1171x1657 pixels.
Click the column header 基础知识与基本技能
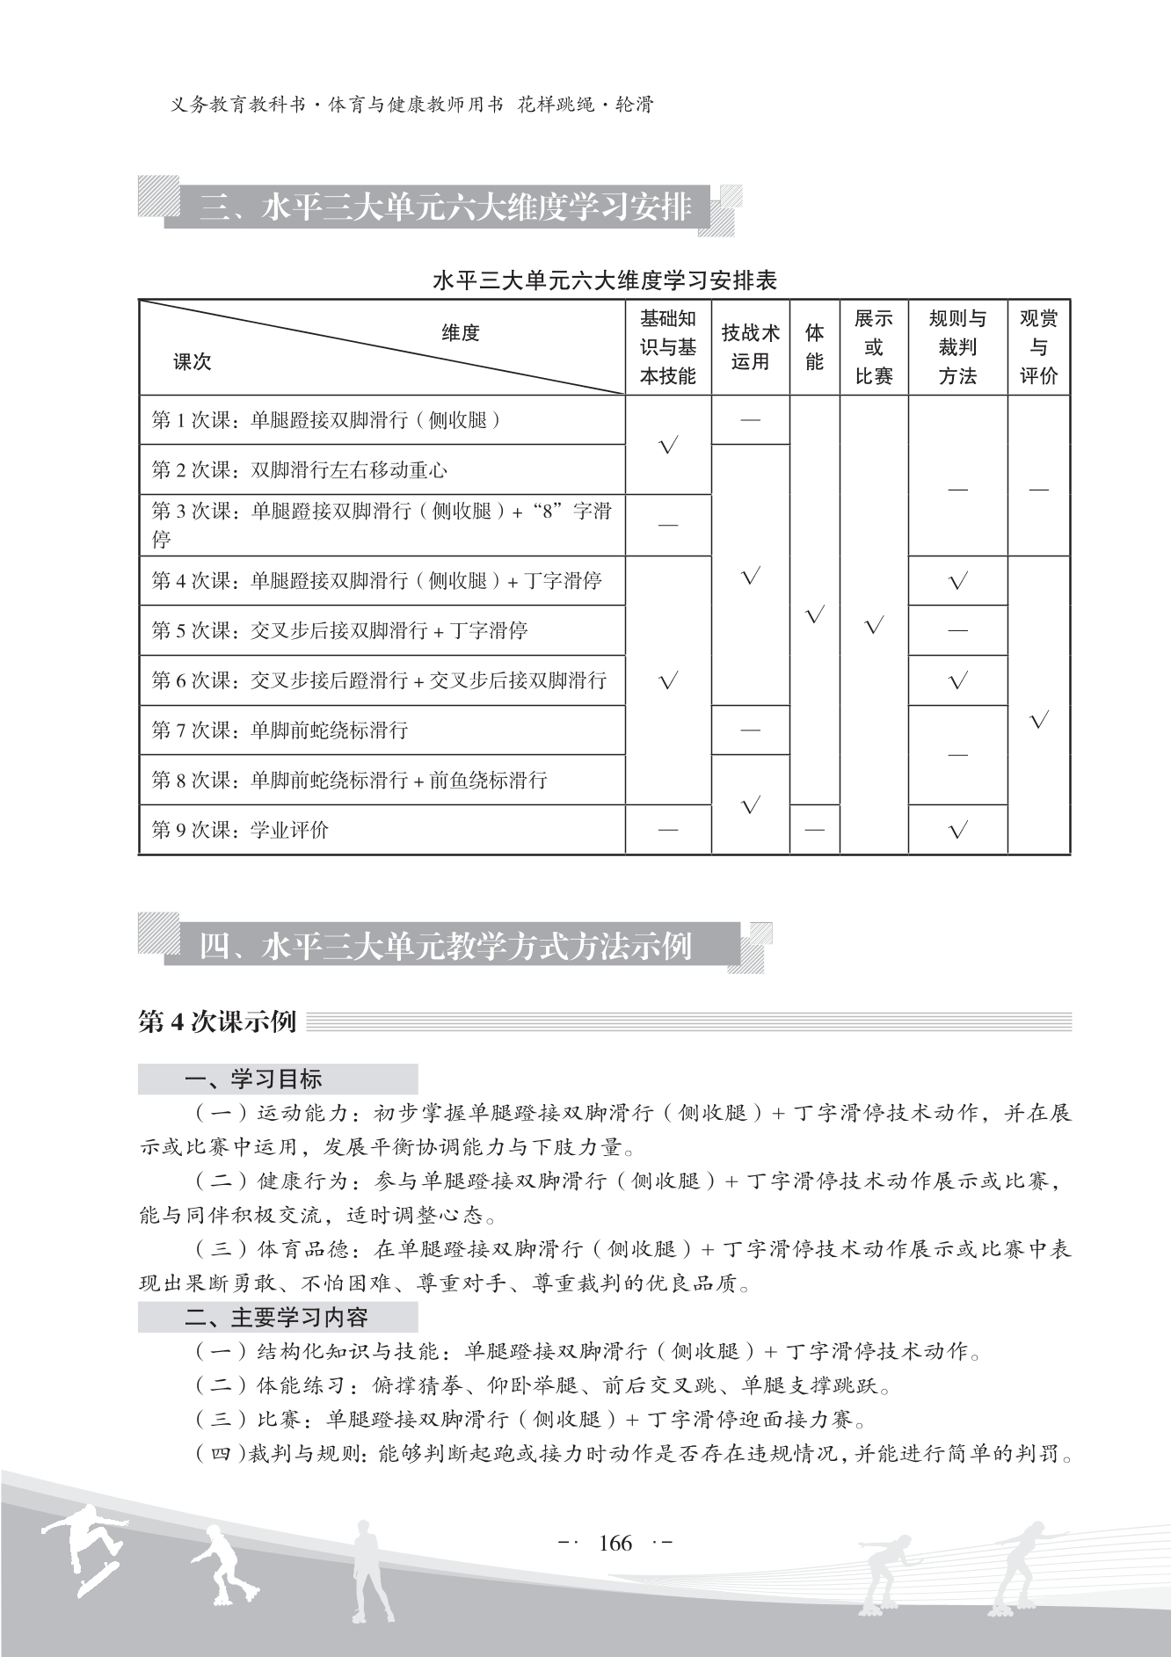click(x=667, y=347)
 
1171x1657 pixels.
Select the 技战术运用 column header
click(x=750, y=347)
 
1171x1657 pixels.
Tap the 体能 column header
click(x=814, y=347)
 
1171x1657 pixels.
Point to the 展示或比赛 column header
click(x=873, y=347)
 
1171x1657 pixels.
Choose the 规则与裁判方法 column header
click(x=957, y=347)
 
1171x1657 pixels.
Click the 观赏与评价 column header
click(x=1038, y=347)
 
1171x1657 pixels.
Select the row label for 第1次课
click(x=326, y=420)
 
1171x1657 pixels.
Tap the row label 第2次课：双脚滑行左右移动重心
click(x=300, y=470)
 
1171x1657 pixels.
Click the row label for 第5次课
click(x=339, y=630)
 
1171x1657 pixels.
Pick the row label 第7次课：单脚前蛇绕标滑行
click(x=280, y=730)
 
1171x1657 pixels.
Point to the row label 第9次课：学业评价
click(x=240, y=830)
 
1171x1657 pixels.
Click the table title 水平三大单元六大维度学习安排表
click(x=605, y=281)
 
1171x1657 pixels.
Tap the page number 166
click(x=615, y=1543)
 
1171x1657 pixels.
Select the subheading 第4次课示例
click(x=217, y=1022)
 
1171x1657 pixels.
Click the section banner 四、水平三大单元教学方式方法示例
click(x=446, y=947)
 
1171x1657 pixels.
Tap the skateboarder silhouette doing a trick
click(x=85, y=1547)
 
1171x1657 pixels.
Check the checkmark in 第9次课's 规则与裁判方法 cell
click(x=957, y=830)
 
